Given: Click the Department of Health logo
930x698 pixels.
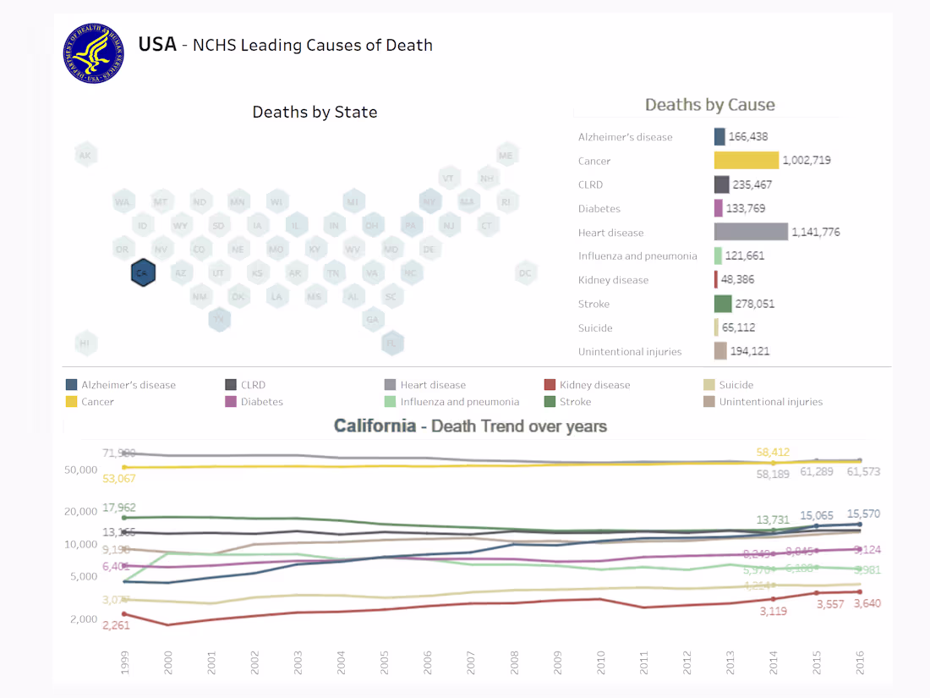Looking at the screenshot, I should tap(93, 53).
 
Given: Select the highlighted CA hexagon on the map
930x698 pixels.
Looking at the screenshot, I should tap(143, 273).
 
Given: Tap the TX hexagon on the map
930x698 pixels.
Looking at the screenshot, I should tap(220, 320).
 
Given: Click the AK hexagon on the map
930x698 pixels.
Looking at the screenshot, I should tap(85, 156).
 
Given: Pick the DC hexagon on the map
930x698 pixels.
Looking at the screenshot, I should tap(526, 272).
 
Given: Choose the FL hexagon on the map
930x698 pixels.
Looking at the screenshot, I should tap(391, 344).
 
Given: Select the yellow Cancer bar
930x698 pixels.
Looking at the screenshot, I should tap(746, 161).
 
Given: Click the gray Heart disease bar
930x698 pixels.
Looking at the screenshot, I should tap(751, 232).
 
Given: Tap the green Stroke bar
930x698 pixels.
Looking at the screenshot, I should tap(723, 304).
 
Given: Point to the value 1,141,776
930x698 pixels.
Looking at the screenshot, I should tap(816, 232).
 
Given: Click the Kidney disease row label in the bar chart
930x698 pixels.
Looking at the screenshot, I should tap(613, 280).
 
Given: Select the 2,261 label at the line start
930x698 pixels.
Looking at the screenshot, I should tap(116, 625).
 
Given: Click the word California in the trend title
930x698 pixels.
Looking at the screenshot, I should tap(375, 426).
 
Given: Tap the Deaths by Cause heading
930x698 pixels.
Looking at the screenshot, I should tap(709, 105).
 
